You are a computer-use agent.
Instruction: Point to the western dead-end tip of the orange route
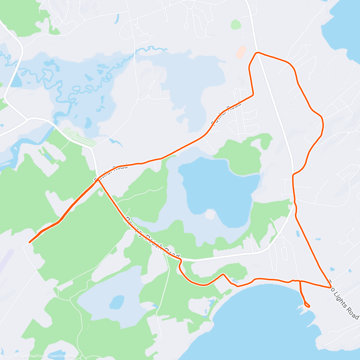(29, 242)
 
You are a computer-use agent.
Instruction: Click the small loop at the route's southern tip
(307, 305)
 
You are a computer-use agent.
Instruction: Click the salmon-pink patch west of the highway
(241, 52)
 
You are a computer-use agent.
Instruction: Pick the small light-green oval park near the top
(236, 25)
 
